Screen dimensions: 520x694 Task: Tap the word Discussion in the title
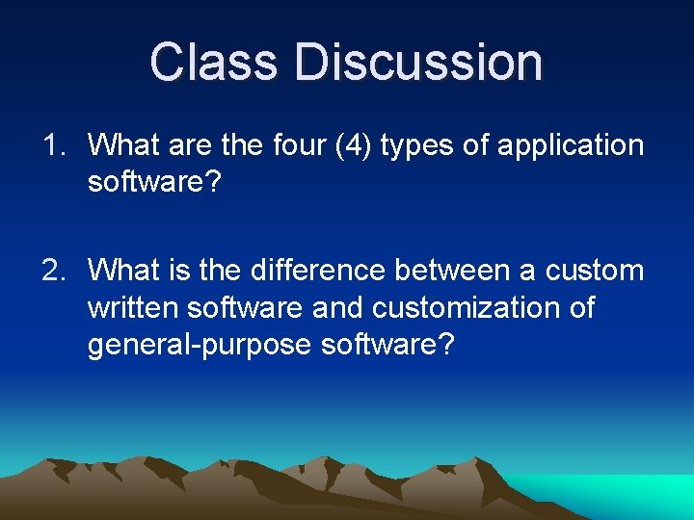419,62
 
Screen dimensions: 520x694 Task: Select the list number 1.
52,145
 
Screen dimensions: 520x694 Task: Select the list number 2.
52,271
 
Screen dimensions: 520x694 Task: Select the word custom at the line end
594,271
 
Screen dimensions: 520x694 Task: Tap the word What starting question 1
124,145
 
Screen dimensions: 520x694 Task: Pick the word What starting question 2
124,271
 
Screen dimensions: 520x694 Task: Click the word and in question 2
337,308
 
